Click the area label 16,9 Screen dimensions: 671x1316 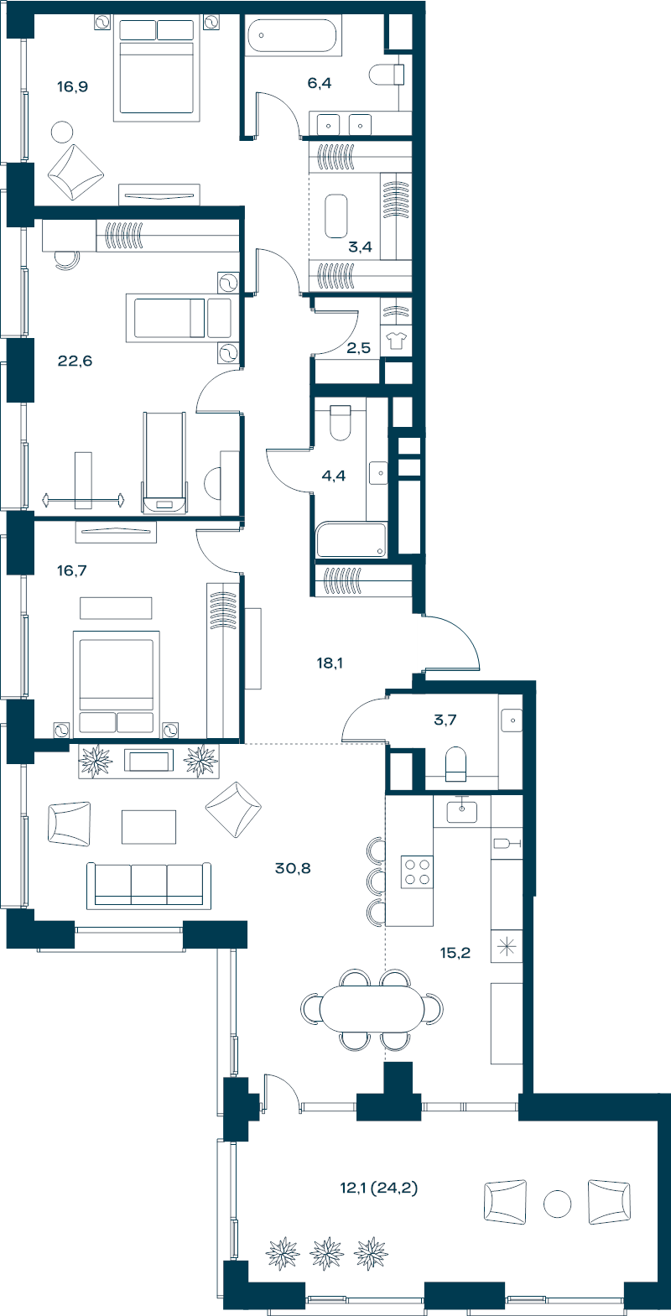[x=72, y=87]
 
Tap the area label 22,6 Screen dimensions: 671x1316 [x=75, y=361]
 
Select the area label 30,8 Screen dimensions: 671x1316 [x=293, y=868]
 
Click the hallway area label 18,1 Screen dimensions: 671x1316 [x=330, y=663]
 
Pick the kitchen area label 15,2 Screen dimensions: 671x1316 [x=455, y=953]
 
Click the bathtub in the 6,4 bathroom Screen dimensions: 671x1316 [x=293, y=36]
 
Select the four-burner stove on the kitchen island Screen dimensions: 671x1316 [x=417, y=871]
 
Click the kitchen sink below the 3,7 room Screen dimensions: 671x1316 [x=462, y=811]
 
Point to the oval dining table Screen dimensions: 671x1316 [x=372, y=1008]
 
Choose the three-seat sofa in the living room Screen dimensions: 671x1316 [x=148, y=886]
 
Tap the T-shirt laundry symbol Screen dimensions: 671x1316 [x=396, y=341]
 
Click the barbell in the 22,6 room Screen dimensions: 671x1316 [x=83, y=501]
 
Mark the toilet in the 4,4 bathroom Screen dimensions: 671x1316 [x=341, y=423]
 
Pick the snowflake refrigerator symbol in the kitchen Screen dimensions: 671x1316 [x=507, y=946]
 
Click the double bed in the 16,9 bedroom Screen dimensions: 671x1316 [x=156, y=67]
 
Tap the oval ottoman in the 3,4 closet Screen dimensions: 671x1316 [x=336, y=216]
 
